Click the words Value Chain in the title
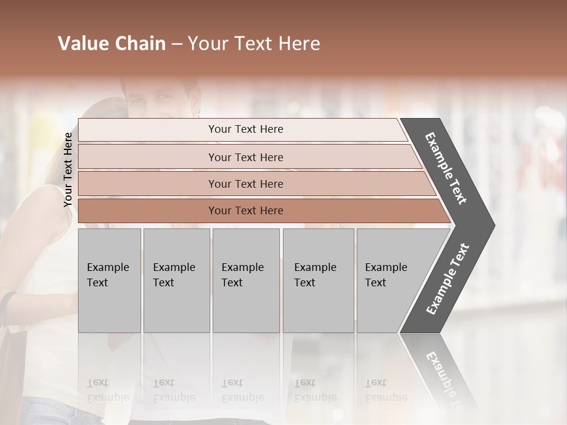click(x=112, y=44)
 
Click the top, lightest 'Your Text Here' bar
click(x=245, y=129)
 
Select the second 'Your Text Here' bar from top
click(x=245, y=157)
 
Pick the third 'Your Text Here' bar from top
click(x=245, y=184)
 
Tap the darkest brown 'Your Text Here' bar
click(x=245, y=211)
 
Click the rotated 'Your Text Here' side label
click(x=68, y=169)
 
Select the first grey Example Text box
click(x=109, y=280)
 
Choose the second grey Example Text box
click(x=176, y=280)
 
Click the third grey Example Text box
click(x=246, y=280)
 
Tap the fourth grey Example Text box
click(x=318, y=280)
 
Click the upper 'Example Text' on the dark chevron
click(x=446, y=168)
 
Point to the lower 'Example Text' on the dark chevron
click(x=447, y=279)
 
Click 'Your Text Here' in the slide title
click(x=254, y=44)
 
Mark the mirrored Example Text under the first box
click(x=107, y=390)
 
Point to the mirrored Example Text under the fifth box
click(x=386, y=390)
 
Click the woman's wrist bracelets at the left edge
click(x=7, y=307)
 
